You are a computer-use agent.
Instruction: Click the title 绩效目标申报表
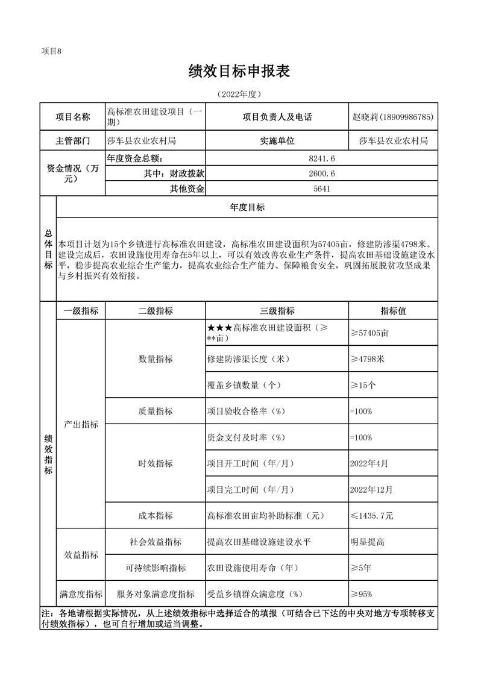click(x=239, y=72)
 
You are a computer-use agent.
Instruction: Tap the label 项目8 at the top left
click(x=51, y=51)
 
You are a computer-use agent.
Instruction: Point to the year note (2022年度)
click(x=239, y=95)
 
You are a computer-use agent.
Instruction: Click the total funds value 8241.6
click(x=321, y=158)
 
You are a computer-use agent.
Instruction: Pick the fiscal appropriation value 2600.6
click(x=321, y=174)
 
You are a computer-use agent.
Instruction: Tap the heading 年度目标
click(x=247, y=207)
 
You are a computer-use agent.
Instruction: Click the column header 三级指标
click(x=277, y=311)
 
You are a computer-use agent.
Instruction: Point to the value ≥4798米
click(x=367, y=359)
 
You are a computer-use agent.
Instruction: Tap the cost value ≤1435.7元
click(x=372, y=516)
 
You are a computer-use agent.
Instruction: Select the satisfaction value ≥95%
click(x=361, y=594)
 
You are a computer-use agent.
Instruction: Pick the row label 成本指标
click(x=156, y=516)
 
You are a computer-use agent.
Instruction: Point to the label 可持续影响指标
click(x=156, y=568)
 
